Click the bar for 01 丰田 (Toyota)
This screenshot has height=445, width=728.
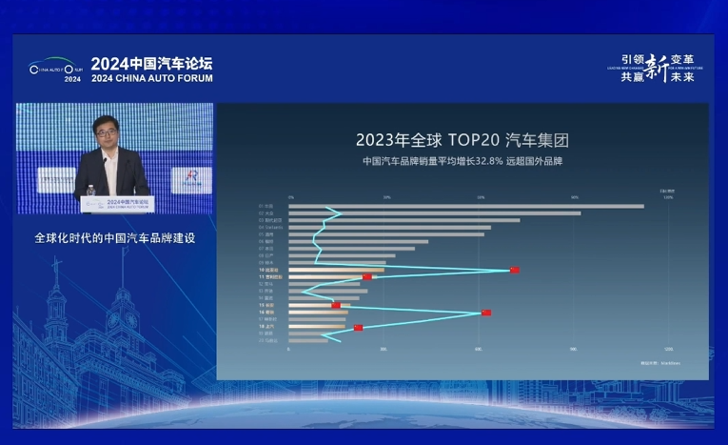466,206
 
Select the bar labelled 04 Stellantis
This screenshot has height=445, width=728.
389,227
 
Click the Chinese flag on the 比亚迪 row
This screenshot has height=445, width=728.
515,271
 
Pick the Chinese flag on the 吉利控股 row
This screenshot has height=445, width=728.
367,277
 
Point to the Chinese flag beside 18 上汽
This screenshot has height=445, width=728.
358,328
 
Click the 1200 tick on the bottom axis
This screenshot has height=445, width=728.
668,350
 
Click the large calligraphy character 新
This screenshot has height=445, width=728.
656,68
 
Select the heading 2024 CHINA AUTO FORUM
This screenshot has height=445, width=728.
152,78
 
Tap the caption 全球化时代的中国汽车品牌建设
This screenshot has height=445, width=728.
114,237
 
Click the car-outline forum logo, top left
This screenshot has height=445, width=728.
56,69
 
